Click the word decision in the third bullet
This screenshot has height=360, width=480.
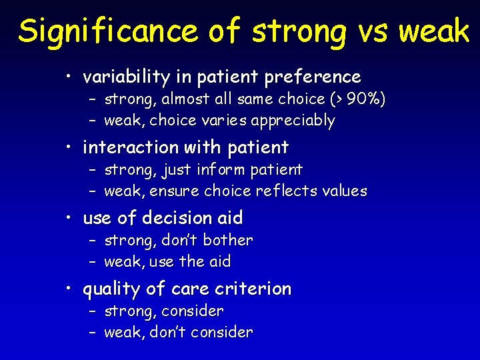click(x=180, y=218)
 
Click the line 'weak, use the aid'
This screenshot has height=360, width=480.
click(x=167, y=262)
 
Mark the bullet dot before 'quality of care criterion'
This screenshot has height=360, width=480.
click(x=70, y=289)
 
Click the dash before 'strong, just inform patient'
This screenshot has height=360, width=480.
click(x=93, y=170)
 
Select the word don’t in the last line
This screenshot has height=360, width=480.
click(x=174, y=333)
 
